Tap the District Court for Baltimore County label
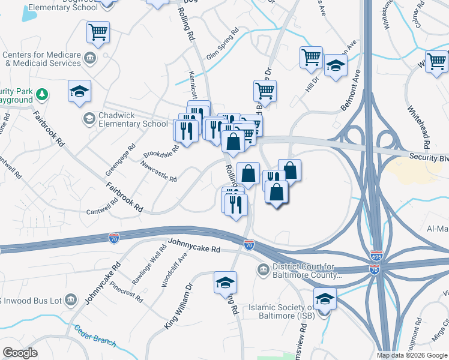coord(307,271)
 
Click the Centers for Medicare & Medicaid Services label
coord(41,59)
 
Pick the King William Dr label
coord(178,307)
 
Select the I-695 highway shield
coord(377,256)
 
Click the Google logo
coord(20,353)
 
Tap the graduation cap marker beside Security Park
coord(79,92)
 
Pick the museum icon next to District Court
coord(264,268)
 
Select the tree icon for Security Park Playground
coord(42,94)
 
